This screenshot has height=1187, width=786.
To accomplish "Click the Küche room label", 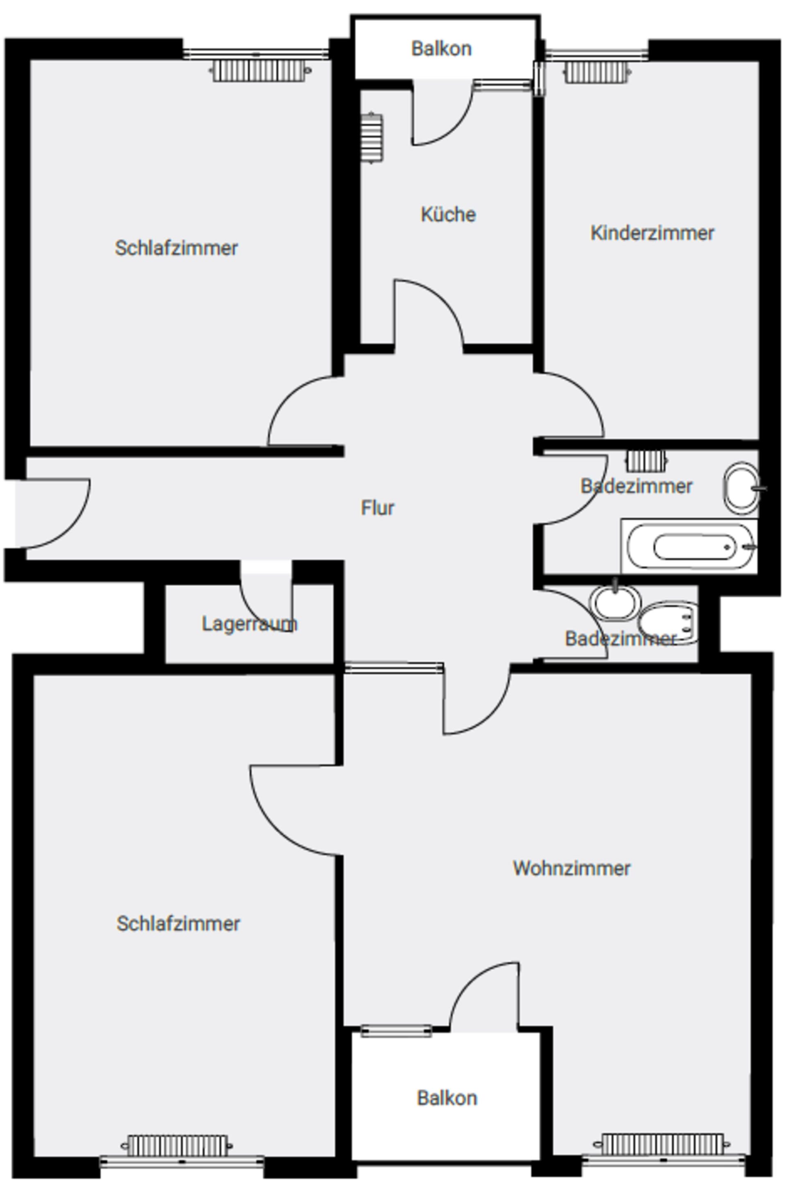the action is [x=448, y=214].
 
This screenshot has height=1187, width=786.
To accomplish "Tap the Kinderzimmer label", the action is [x=652, y=233].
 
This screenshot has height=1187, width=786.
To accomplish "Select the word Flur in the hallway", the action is [x=377, y=508].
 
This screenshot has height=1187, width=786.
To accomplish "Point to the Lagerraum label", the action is [x=250, y=624].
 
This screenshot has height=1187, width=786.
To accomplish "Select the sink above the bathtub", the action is [x=743, y=487].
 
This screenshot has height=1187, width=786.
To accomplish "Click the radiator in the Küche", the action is [x=372, y=137].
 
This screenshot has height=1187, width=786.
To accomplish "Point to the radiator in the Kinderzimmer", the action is [x=596, y=72].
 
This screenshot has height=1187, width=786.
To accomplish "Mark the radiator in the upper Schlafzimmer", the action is [x=259, y=71].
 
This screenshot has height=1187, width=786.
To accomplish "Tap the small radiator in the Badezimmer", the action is [x=647, y=461].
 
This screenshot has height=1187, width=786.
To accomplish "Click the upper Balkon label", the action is [x=441, y=49].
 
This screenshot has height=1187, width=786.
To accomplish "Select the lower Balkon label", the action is [x=447, y=1098].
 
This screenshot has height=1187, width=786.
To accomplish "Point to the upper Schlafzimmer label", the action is [x=176, y=248].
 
